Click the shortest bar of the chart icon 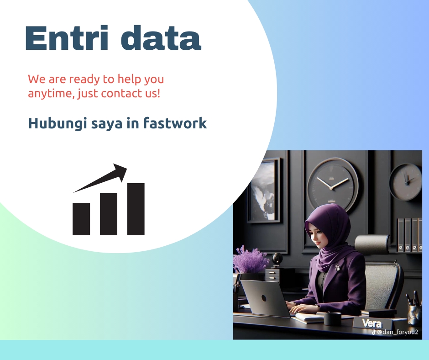pos(81,219)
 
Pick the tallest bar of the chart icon pos(136,209)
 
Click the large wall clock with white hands pos(332,183)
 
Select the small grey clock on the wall pos(406,181)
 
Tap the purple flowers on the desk pos(250,259)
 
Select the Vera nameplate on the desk pos(369,323)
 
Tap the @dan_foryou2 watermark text pos(396,333)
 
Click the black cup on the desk pos(332,318)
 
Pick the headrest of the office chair pos(372,244)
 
